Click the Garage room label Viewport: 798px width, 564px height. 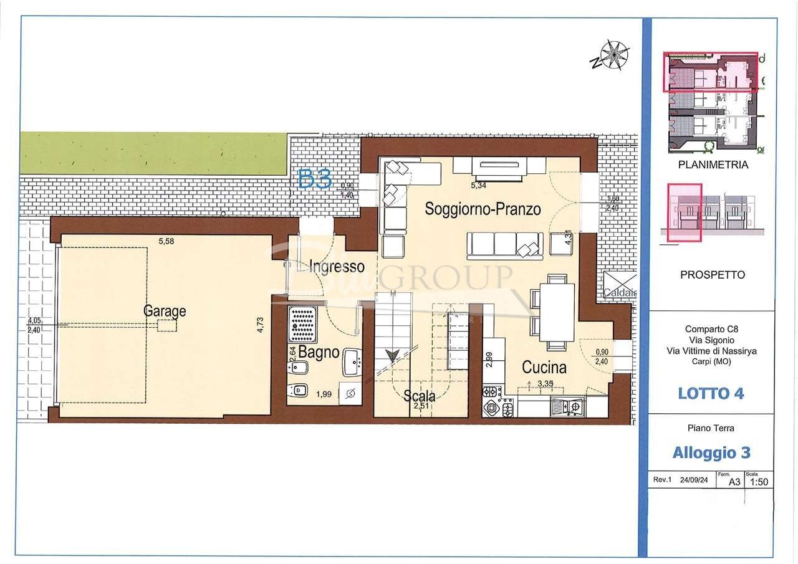(x=165, y=311)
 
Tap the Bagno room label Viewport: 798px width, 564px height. (x=319, y=352)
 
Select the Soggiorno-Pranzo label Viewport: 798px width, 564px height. (x=483, y=209)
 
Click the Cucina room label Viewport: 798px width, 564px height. (x=544, y=368)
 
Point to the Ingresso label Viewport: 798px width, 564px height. (x=337, y=267)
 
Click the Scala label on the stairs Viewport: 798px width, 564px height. (x=419, y=396)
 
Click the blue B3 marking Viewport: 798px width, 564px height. (x=315, y=180)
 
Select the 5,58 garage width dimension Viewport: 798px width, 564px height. (x=166, y=241)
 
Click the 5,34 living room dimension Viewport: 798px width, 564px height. (x=478, y=185)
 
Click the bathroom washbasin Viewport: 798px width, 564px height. (x=353, y=362)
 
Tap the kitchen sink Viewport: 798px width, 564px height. (x=567, y=407)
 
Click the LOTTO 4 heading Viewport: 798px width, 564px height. (x=711, y=393)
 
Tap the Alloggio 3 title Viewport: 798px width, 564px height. (x=711, y=452)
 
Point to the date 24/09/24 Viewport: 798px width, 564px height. (x=693, y=480)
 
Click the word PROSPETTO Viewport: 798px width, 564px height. (x=712, y=275)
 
